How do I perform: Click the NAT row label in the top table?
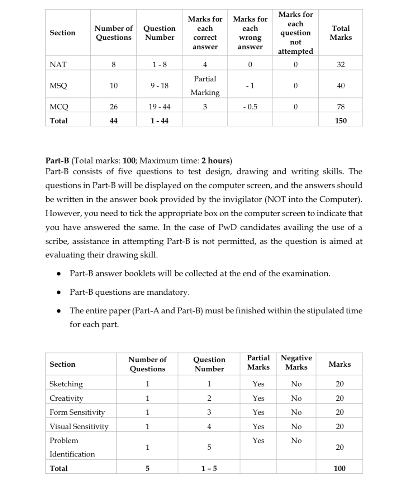pos(58,64)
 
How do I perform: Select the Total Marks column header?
pos(341,33)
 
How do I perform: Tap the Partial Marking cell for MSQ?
pos(205,86)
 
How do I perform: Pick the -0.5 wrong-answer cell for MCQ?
pos(250,107)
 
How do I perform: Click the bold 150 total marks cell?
pos(341,121)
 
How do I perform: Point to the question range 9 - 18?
pos(160,86)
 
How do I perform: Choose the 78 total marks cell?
pos(341,107)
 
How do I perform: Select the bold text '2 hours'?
pos(216,160)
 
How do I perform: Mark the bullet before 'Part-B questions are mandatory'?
pos(58,292)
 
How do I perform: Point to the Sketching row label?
pos(66,384)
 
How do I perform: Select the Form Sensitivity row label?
pos(77,412)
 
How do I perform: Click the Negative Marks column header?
pos(296,362)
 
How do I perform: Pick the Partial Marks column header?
pos(258,362)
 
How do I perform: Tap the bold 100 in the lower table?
pos(340,468)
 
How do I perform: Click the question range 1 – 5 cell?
pos(209,468)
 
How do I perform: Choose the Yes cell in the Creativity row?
pos(258,398)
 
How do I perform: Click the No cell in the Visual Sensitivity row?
pos(296,426)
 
